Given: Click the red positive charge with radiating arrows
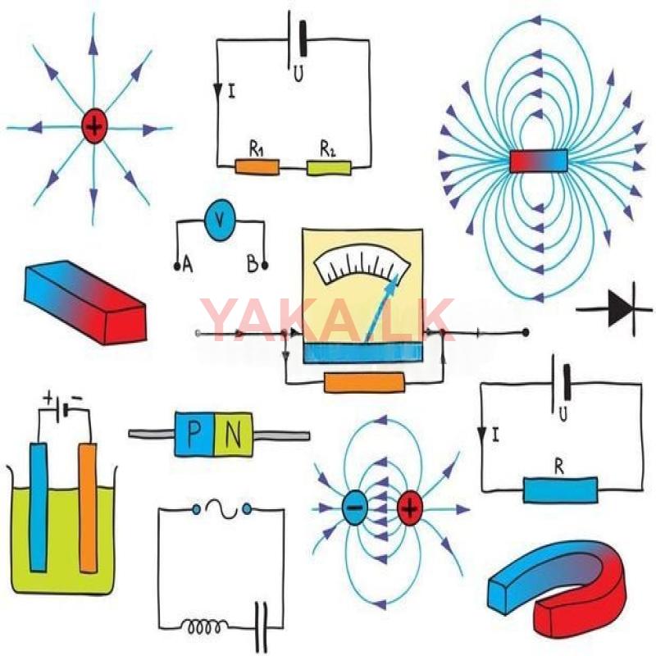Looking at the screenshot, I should [95, 127].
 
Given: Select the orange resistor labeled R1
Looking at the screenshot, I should [257, 167].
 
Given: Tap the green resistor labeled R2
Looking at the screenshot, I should [329, 167].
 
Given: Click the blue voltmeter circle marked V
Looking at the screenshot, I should [219, 220].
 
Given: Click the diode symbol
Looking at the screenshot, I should [621, 310].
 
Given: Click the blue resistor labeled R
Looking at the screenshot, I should [560, 490].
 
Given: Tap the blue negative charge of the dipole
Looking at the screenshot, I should [354, 509].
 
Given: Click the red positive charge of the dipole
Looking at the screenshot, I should [410, 509].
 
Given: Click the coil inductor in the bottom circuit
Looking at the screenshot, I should [203, 627].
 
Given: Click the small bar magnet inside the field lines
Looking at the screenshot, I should [539, 162].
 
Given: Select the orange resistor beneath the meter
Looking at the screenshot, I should [364, 383].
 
